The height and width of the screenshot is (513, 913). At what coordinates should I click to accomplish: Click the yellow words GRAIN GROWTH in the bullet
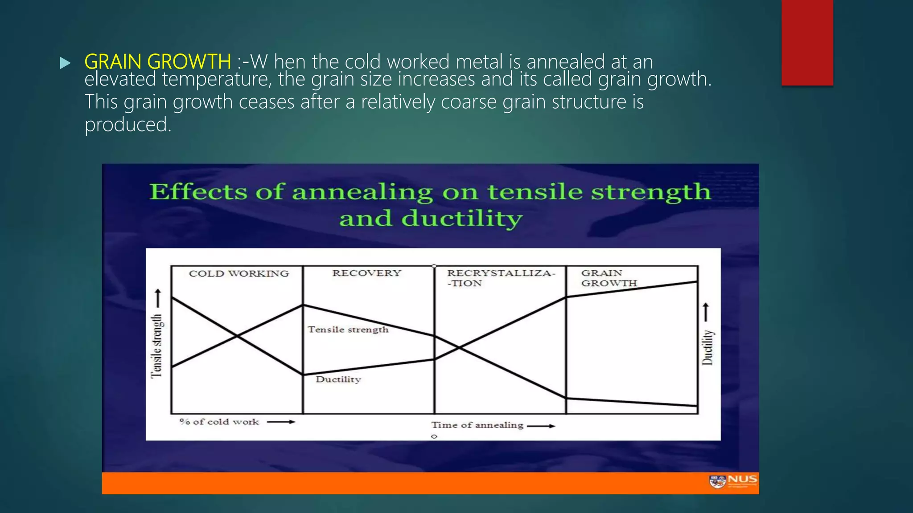pos(157,61)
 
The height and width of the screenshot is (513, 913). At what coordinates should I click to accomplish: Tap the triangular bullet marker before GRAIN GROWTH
pos(65,63)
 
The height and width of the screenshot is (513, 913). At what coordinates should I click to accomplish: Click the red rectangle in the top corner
pos(807,42)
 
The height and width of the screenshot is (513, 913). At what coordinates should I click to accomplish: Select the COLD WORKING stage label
pos(239,273)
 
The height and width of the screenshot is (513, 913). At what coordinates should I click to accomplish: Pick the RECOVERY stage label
pos(366,273)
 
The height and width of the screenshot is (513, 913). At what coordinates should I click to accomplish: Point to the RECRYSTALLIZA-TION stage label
pos(501,278)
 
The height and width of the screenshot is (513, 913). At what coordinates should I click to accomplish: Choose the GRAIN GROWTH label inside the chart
pos(609,278)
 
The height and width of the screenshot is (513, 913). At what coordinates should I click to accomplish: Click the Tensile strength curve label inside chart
pos(348,330)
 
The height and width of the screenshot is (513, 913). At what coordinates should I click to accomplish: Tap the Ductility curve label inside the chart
pos(338,379)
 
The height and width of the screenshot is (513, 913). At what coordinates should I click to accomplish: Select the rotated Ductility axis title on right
pos(707,347)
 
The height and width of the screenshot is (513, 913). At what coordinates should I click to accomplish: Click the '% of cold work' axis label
pos(219,422)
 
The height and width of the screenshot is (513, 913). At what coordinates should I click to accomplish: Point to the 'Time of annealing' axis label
pos(477,425)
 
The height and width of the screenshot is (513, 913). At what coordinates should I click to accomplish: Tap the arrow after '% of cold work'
pos(281,422)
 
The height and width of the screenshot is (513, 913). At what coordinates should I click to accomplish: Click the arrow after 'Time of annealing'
pos(541,426)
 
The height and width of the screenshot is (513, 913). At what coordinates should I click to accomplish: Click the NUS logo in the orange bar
pos(733,481)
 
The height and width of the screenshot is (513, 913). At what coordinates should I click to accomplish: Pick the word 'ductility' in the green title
pos(461,219)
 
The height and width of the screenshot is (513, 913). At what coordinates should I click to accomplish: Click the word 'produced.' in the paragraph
pos(128,125)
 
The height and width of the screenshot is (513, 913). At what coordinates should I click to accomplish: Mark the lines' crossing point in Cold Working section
pos(237,336)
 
